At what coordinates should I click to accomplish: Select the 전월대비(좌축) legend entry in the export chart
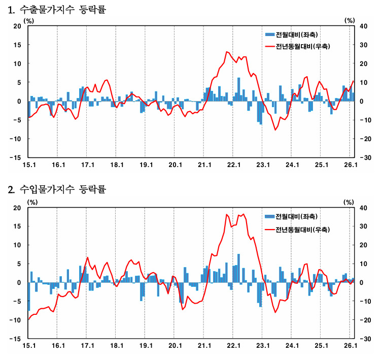292,35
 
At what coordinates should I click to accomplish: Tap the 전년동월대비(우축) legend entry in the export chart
298,46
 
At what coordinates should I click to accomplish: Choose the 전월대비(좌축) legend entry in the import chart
292,216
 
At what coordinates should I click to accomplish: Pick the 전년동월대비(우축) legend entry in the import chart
298,230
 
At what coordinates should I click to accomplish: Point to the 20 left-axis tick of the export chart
17,26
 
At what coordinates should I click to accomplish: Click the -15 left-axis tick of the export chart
15,157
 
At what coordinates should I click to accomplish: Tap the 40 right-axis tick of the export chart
363,26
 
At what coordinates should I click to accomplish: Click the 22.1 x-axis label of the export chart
234,165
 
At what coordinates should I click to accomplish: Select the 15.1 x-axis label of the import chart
29,346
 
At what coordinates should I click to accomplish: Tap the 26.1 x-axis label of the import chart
351,346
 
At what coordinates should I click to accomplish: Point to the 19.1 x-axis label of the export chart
146,165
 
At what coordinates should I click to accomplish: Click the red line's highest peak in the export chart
227,52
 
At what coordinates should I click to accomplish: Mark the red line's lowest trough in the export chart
275,130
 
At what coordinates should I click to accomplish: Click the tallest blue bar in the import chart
238,268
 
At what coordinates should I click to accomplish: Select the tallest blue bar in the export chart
238,89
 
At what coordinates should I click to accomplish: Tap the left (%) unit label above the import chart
32,202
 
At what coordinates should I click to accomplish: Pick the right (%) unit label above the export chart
350,21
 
